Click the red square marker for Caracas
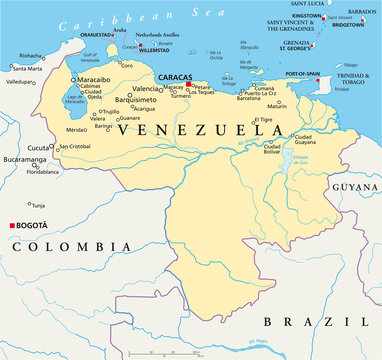click(x=188, y=84)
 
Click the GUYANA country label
click(x=355, y=187)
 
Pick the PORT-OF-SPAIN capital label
click(x=306, y=74)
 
